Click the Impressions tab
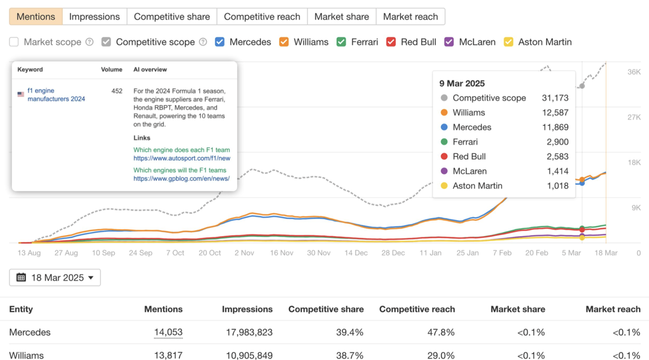tap(94, 17)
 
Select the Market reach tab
tap(410, 17)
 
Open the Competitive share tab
tap(172, 17)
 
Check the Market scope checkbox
tap(14, 42)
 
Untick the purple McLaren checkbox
tap(449, 42)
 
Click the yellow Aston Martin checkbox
tap(508, 42)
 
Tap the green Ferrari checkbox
tap(341, 42)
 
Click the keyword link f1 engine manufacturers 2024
tap(56, 94)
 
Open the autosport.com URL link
tap(182, 158)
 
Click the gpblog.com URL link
tap(181, 179)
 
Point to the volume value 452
tap(117, 91)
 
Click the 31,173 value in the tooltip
tap(555, 98)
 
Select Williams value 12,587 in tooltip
tap(555, 113)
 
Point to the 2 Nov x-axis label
tap(244, 253)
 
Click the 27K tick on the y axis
tap(634, 117)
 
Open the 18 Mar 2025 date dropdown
tap(55, 278)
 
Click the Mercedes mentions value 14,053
tap(168, 332)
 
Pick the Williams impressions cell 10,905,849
tap(249, 355)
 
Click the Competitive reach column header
tap(417, 309)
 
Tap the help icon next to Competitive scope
tap(203, 42)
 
